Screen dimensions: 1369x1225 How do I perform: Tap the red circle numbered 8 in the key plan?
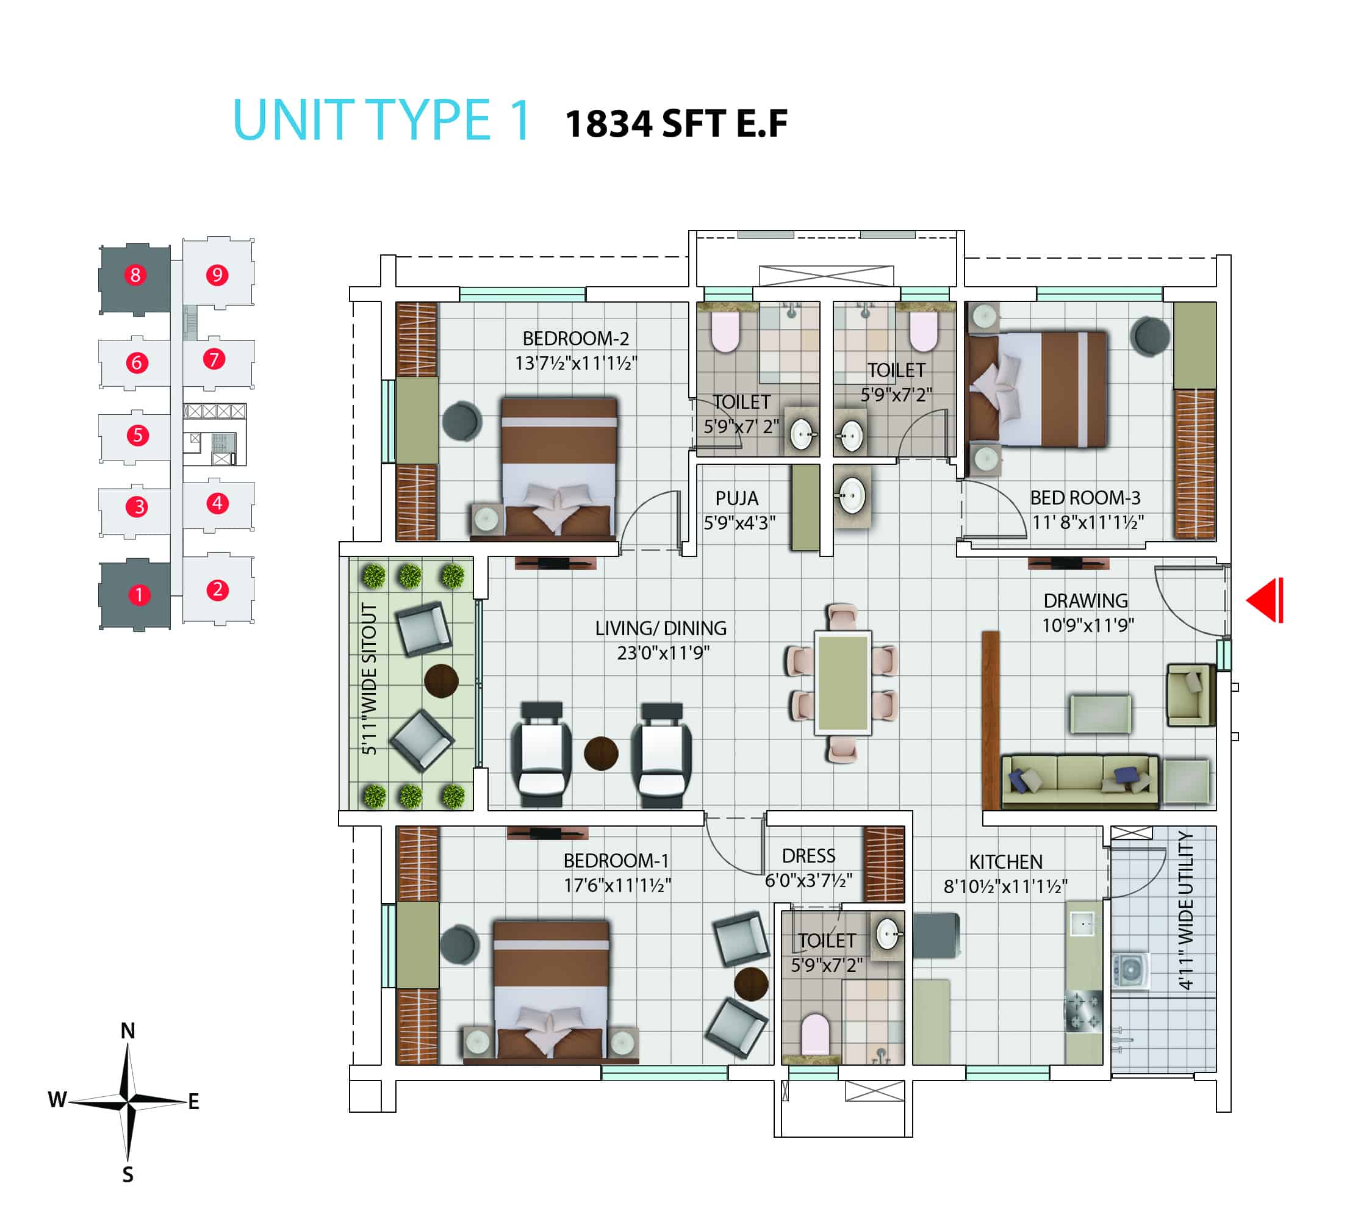135,275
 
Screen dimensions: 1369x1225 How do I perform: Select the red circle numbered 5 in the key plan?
137,435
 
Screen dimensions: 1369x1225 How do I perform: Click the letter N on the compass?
128,1030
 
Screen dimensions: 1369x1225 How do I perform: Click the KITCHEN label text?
1005,861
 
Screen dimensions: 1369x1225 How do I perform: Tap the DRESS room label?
808,855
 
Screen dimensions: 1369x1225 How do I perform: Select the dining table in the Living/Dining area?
842,683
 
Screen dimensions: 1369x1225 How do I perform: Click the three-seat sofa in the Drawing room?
1080,781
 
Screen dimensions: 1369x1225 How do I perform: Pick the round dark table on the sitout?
442,681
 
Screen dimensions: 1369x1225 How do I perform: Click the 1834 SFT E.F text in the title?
677,124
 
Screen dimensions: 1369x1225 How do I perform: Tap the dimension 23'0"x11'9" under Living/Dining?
663,652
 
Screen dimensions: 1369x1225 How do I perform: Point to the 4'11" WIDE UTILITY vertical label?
1185,910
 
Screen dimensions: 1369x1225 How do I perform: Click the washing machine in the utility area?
1130,971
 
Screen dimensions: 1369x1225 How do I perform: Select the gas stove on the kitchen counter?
1083,1011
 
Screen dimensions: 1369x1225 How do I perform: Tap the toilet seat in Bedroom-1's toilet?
816,1035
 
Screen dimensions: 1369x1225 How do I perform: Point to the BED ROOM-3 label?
1085,497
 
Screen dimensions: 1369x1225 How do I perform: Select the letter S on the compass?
128,1175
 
